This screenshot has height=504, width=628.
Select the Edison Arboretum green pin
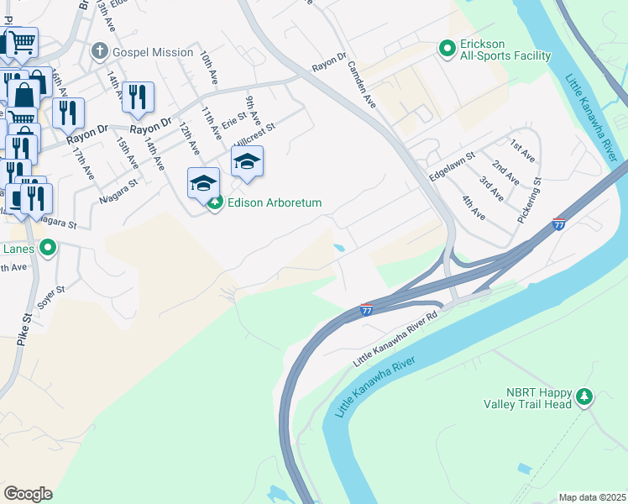pos(215,202)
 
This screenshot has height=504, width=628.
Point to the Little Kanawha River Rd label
pos(395,339)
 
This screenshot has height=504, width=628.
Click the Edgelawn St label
pos(453,166)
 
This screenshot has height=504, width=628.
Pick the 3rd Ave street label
pos(491,188)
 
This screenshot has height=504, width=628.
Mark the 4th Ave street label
pos(474,207)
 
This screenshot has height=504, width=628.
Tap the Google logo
pos(28,494)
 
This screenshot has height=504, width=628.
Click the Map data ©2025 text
pos(592,497)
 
